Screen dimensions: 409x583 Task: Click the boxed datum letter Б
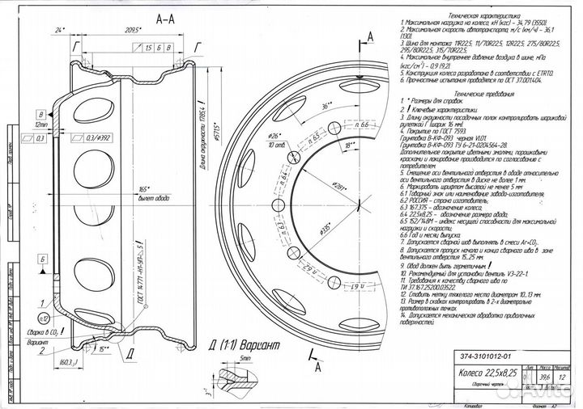[41, 259]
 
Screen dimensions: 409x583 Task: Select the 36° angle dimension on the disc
[327, 105]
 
